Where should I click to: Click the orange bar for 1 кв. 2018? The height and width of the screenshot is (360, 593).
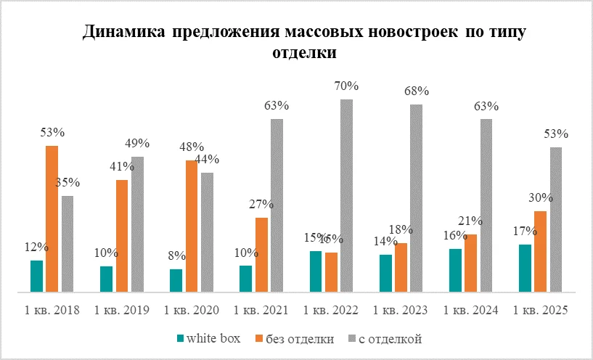[x=52, y=218]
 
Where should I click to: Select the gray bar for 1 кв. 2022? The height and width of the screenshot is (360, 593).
[x=346, y=195]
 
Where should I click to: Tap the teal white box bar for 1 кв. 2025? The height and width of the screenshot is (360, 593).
[x=525, y=268]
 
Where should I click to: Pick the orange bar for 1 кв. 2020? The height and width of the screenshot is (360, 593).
[x=192, y=226]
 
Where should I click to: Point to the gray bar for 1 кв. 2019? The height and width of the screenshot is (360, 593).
[x=137, y=224]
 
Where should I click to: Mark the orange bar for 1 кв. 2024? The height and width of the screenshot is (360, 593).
[x=470, y=263]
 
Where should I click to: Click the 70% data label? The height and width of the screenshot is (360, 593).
[x=346, y=86]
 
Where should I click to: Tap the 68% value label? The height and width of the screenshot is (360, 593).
[x=417, y=91]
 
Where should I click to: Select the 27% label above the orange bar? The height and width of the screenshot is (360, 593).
[x=260, y=204]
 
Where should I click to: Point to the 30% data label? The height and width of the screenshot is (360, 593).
[x=539, y=197]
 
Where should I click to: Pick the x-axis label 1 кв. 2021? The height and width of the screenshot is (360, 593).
[x=261, y=310]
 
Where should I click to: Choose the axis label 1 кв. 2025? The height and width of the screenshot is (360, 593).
[x=540, y=310]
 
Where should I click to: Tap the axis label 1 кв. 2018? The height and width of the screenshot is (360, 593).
[x=52, y=310]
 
